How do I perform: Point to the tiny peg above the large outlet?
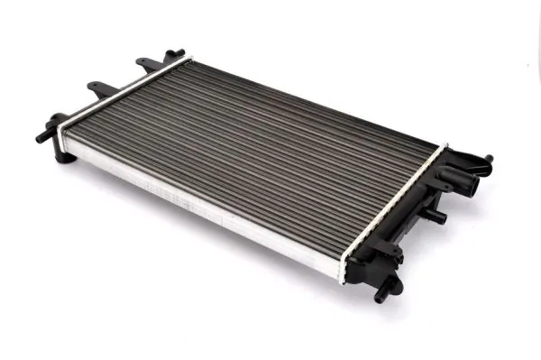(x=489, y=158)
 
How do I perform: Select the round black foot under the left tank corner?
(x=64, y=157)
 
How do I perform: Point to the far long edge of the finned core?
(x=316, y=100)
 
